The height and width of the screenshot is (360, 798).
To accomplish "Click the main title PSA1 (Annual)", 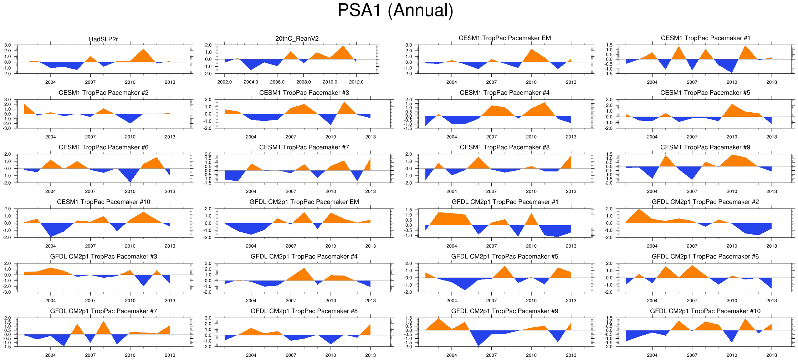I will (x=395, y=10).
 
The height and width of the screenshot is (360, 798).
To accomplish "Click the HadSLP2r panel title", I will (x=103, y=39).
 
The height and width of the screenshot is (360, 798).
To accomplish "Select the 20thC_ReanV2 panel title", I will (x=297, y=38).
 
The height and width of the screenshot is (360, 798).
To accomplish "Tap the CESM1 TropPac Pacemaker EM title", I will (x=505, y=38).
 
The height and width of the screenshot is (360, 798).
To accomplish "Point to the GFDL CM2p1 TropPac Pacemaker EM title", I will (x=304, y=202).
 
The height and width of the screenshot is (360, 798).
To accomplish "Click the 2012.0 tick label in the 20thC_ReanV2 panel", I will (x=356, y=82).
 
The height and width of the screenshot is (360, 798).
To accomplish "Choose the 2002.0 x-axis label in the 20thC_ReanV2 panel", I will (x=224, y=82).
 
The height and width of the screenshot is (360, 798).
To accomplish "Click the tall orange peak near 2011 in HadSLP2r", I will (x=143, y=53).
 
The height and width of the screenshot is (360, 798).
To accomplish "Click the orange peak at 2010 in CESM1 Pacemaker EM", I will (x=531, y=53).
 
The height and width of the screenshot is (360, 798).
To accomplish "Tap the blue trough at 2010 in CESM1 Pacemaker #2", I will (x=130, y=120).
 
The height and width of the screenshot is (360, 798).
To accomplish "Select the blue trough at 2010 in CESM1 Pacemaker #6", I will (x=130, y=178).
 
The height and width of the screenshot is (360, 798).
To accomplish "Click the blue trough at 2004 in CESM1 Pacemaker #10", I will (x=51, y=232).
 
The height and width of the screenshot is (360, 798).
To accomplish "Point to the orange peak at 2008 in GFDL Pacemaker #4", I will (x=304, y=272).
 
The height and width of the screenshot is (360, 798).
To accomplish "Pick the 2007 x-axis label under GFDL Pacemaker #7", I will (x=90, y=355).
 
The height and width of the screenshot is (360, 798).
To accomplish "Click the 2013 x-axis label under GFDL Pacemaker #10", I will (x=771, y=355).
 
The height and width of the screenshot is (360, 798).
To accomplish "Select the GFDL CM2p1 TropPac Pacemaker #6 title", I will (x=705, y=257).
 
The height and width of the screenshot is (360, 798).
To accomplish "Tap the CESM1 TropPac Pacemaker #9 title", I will (x=705, y=147).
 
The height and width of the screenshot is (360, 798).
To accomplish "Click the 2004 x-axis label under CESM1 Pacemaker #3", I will (x=251, y=137).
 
